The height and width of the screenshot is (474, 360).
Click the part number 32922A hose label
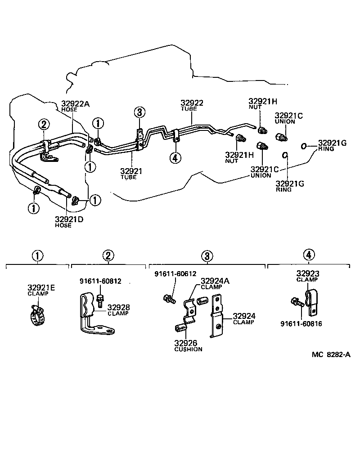75,104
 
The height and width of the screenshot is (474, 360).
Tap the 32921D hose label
69,219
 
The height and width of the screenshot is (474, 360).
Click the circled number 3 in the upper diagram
139,112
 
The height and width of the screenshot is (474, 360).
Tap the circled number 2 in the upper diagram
43,124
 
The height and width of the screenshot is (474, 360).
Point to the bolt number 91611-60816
301,323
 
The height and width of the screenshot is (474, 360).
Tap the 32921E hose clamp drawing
40,314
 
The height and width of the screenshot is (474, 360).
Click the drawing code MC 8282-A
331,354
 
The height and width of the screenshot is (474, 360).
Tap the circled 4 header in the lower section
308,255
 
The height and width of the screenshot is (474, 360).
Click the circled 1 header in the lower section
37,256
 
